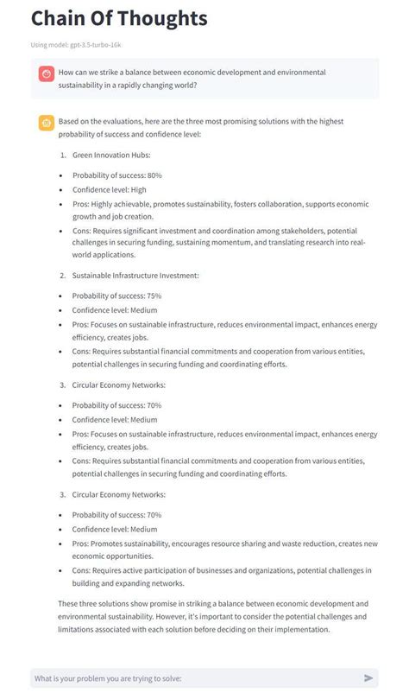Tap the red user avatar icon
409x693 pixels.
[x=46, y=73]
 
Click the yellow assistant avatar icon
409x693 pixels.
[x=46, y=124]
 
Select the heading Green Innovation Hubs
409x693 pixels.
[x=112, y=155]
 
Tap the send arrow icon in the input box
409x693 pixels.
[x=368, y=678]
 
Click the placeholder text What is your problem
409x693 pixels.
[x=109, y=678]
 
